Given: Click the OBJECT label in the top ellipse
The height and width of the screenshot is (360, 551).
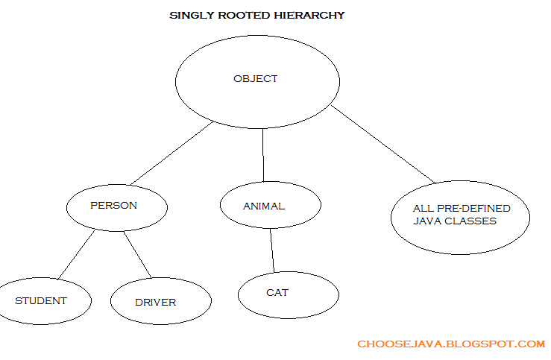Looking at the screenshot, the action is [x=256, y=79].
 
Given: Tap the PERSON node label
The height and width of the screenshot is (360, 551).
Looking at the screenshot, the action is [x=113, y=206].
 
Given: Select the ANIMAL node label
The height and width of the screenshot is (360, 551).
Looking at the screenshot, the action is [x=264, y=206].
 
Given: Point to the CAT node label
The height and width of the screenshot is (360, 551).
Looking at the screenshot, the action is [x=277, y=293].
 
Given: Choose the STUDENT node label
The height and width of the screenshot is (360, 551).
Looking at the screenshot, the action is [x=41, y=301].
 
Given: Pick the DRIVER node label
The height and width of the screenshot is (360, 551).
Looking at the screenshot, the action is [x=155, y=303].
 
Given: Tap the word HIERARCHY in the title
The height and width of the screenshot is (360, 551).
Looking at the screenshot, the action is [x=309, y=16].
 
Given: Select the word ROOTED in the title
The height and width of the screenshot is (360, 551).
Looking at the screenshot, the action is [x=244, y=16].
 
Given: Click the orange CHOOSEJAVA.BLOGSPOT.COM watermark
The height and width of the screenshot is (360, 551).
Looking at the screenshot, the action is [x=451, y=344].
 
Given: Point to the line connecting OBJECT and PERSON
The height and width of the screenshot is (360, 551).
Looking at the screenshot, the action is [x=171, y=153].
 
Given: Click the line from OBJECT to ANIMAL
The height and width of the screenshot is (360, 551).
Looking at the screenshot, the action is [x=263, y=155].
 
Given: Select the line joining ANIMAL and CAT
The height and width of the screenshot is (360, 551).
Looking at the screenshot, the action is [x=272, y=250].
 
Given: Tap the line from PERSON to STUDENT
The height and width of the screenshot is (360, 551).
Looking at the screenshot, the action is [x=76, y=255].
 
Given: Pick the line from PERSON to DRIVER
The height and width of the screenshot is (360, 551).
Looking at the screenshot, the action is [x=137, y=255].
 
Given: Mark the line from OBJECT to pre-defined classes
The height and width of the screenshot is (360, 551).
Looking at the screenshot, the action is [x=383, y=144].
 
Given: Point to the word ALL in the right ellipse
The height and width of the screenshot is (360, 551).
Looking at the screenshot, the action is [x=424, y=209].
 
